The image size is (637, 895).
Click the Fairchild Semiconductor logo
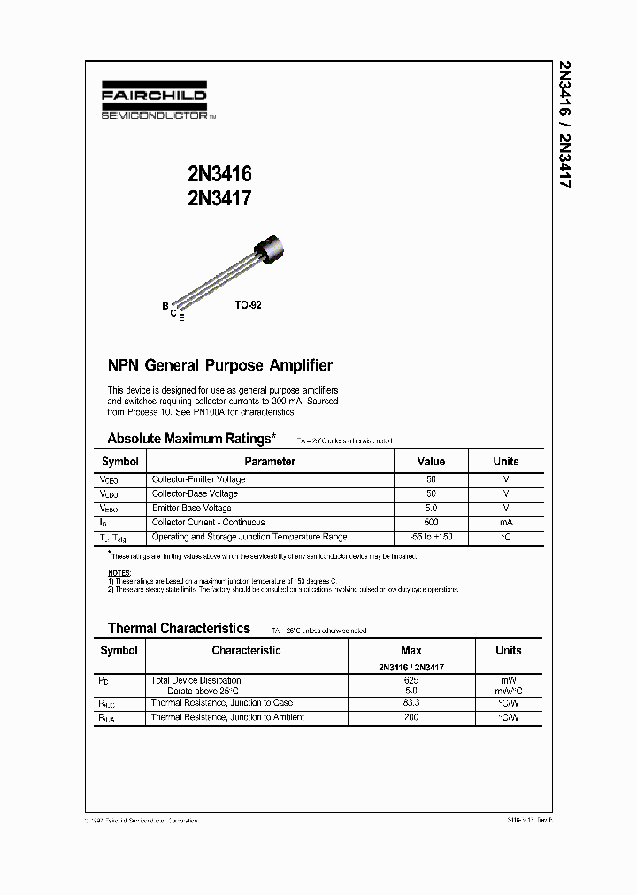click(154, 103)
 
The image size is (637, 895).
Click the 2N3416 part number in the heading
click(219, 175)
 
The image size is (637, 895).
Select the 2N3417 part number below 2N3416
click(219, 199)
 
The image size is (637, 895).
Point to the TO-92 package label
click(248, 304)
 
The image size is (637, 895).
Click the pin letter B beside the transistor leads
click(165, 306)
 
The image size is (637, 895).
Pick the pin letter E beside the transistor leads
click(181, 317)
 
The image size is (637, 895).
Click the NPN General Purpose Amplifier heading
click(219, 365)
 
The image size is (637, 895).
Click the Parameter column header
click(270, 462)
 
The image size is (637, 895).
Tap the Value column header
click(431, 462)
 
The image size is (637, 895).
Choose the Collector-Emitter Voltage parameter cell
click(198, 479)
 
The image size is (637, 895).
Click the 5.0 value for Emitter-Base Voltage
click(431, 508)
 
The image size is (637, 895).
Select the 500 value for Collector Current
click(431, 522)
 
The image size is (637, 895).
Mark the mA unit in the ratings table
click(506, 522)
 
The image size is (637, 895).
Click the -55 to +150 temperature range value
click(431, 537)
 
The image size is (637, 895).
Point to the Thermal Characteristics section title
click(179, 629)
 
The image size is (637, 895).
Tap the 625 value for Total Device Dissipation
click(411, 680)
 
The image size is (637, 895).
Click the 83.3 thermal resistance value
click(411, 703)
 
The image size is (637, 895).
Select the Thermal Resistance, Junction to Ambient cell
click(227, 717)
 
